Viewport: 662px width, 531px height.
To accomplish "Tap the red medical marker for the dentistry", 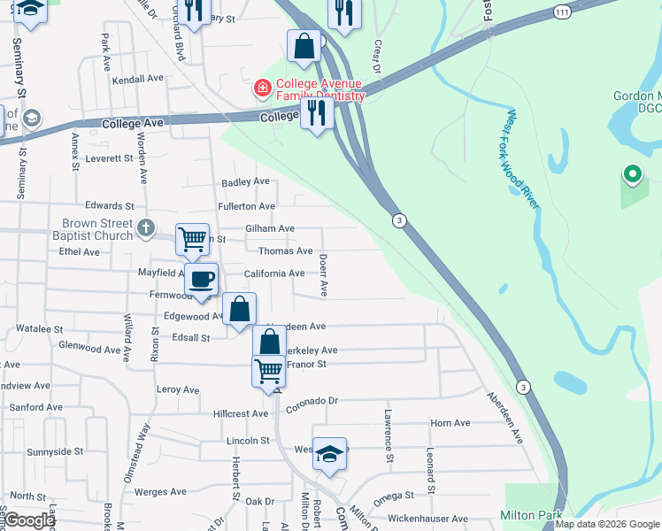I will pos(262,88).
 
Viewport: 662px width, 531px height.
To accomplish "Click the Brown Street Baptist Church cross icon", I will pos(147,228).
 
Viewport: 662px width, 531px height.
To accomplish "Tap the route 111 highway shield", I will pos(563,12).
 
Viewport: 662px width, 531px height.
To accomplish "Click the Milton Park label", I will pos(531,515).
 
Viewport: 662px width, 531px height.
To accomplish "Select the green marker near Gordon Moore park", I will pos(632,175).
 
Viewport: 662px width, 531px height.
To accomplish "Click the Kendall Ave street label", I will pos(139,79).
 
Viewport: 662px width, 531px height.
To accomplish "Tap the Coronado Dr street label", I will pos(312,400).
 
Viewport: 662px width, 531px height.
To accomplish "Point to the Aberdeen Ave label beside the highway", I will pos(504,418).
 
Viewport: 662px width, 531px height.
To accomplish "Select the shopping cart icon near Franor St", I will pos(268,370).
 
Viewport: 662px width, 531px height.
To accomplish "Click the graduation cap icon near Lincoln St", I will pos(329,453).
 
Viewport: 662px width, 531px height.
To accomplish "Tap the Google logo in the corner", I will pos(29,520).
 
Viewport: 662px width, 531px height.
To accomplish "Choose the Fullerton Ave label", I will pos(248,206).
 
